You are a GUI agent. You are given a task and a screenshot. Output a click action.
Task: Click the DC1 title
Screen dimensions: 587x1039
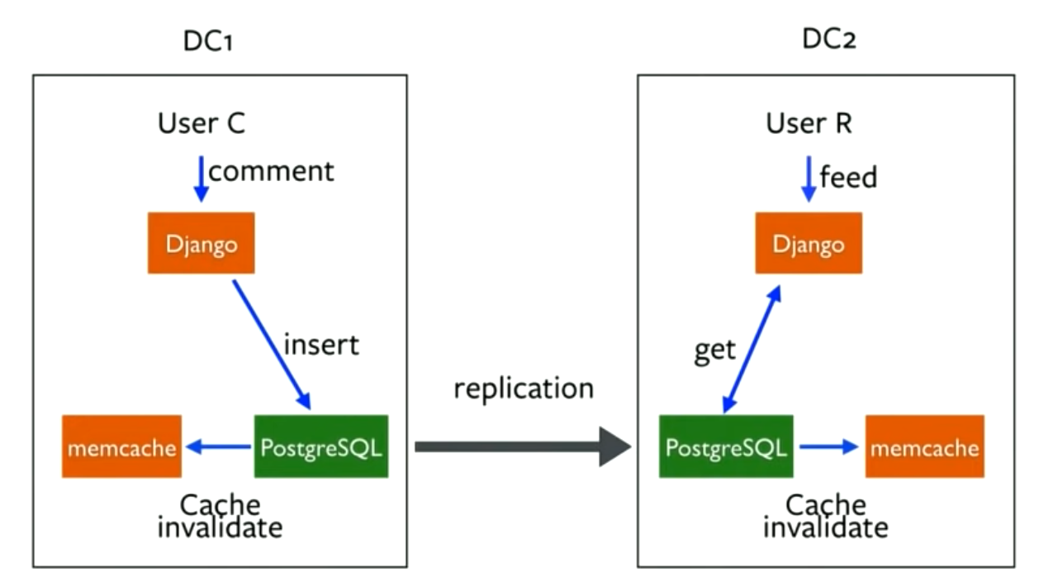pyautogui.click(x=208, y=41)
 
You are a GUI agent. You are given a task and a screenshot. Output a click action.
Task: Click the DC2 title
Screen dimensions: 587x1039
pyautogui.click(x=828, y=39)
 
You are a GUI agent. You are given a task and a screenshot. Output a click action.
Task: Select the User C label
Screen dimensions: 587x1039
pyautogui.click(x=202, y=124)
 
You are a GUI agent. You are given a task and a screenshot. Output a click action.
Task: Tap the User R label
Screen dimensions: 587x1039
pyautogui.click(x=809, y=124)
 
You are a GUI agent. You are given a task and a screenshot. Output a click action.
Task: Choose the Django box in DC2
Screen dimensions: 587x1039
pyautogui.click(x=808, y=243)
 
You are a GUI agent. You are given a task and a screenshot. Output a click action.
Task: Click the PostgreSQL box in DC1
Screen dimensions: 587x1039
pyautogui.click(x=320, y=446)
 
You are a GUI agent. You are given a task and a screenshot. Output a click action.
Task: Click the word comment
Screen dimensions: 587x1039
pyautogui.click(x=271, y=171)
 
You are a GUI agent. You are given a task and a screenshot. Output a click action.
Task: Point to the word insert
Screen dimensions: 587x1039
pyautogui.click(x=321, y=343)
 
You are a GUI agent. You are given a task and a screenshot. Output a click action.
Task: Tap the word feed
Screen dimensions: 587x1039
pyautogui.click(x=847, y=177)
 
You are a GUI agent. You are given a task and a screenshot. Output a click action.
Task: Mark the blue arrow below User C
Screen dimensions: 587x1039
pyautogui.click(x=200, y=177)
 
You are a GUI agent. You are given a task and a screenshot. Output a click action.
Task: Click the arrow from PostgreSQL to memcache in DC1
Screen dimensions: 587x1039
pyautogui.click(x=218, y=446)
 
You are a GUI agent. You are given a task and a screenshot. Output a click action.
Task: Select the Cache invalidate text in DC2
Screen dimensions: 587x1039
pyautogui.click(x=825, y=516)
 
